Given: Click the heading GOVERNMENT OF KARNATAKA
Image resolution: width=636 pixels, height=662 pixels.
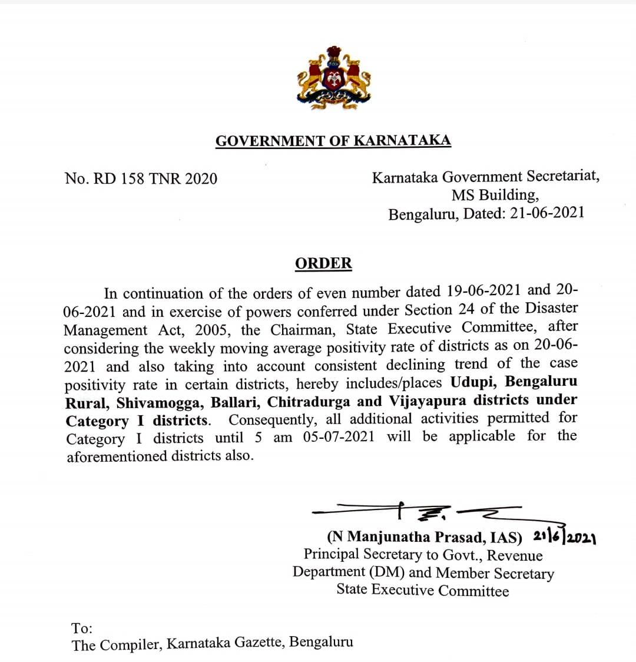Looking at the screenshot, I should coord(333,141).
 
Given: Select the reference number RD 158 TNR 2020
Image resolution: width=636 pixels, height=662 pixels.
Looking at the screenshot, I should coord(154,178).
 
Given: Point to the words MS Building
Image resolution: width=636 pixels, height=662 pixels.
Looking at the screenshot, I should coord(495,195).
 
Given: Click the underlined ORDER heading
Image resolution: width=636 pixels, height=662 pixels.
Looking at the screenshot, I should coord(323,263).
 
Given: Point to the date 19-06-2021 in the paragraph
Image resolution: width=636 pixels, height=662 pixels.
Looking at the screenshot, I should coord(483,291).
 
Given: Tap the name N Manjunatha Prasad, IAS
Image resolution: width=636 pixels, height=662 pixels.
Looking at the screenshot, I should coord(425,537).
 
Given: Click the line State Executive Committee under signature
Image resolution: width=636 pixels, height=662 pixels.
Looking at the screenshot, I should coord(422,590).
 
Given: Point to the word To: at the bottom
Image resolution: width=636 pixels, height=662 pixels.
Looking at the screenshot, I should coord(82,628).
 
